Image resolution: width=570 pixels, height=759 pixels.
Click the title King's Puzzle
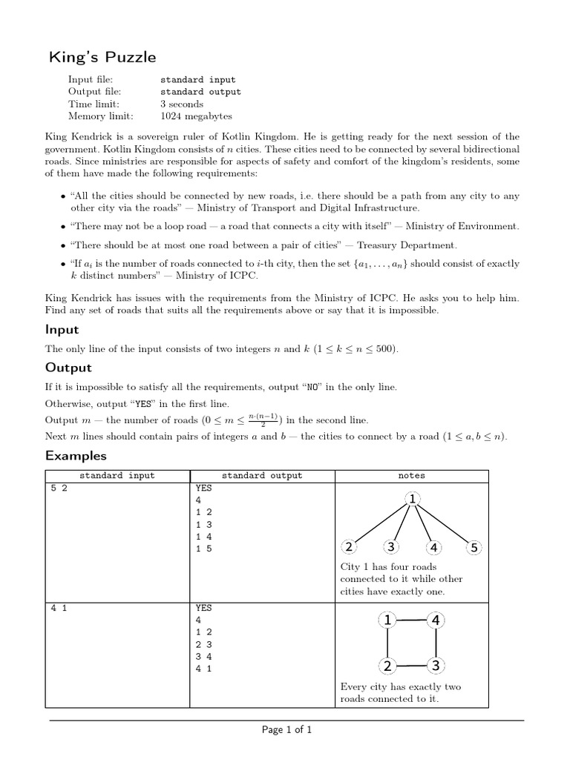[x=102, y=57]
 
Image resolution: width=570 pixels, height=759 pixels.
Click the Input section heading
[x=62, y=329]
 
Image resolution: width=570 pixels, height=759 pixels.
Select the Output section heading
[x=68, y=368]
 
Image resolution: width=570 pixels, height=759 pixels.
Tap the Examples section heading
[x=76, y=456]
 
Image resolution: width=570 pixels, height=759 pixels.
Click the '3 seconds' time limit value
[x=182, y=105]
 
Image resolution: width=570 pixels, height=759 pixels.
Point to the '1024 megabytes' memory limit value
[x=196, y=116]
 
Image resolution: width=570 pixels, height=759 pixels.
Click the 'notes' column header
[x=412, y=476]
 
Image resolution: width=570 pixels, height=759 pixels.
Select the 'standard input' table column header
[x=117, y=476]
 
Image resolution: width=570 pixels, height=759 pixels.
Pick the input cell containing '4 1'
[x=59, y=608]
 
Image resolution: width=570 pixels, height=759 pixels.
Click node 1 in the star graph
[x=412, y=500]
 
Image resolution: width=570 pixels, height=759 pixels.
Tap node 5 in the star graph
[x=474, y=548]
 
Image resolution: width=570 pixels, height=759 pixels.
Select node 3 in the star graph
[x=390, y=548]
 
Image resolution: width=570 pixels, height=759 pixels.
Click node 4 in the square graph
[x=436, y=620]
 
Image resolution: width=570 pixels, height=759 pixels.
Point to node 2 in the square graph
[x=387, y=665]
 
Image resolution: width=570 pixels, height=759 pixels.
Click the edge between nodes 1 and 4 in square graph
[x=411, y=620]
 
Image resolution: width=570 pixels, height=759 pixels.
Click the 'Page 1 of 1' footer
[x=286, y=730]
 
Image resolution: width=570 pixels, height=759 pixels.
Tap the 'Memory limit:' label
[x=101, y=116]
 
